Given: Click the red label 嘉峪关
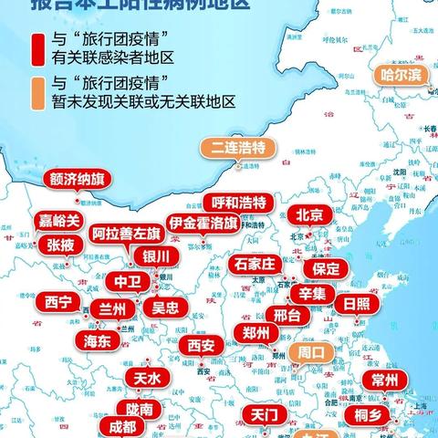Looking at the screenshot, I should coord(59,221).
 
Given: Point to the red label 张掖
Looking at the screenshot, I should coord(60,245).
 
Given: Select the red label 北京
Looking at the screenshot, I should coord(309,215).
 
